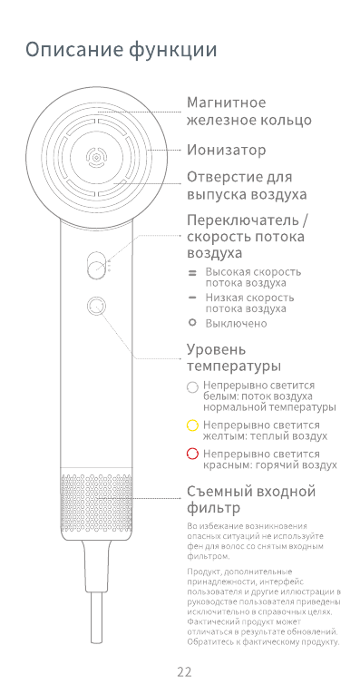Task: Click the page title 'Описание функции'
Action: pos(122,50)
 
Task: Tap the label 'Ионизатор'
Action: pos(226,150)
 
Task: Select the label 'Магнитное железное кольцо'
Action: pos(248,111)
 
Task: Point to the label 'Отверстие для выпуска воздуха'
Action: pos(246,185)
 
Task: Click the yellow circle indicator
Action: pos(192,425)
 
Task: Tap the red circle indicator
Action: pos(192,454)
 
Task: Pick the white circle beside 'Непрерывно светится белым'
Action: pos(192,386)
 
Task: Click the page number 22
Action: pos(184,672)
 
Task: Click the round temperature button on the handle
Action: pos(94,306)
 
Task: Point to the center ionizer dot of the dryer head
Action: pos(94,158)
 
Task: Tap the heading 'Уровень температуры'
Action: pos(234,357)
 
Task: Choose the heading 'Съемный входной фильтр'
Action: pos(251,499)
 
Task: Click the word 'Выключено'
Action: pos(236,323)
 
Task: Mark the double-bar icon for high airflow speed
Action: pos(192,272)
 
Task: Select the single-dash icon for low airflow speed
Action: pos(192,298)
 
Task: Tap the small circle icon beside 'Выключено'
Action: pos(192,322)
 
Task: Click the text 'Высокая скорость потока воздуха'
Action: pos(253,277)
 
